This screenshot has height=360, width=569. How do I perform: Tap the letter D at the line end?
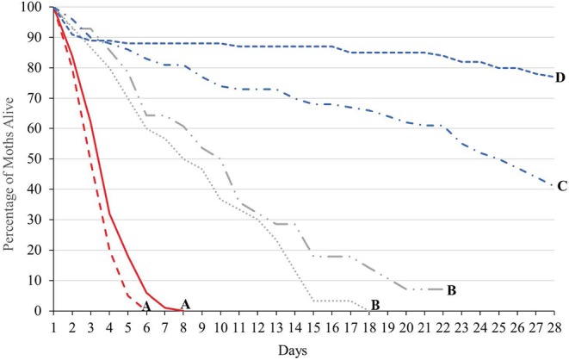click(x=560, y=78)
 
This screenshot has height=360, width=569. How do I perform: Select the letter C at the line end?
click(x=560, y=185)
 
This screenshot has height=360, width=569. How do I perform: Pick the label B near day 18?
click(x=375, y=303)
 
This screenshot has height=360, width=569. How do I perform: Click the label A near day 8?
click(x=185, y=303)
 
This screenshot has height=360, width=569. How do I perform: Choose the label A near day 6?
click(x=147, y=305)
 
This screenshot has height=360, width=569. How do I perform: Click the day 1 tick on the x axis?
click(x=53, y=325)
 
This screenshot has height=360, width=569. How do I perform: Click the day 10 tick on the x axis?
click(x=220, y=325)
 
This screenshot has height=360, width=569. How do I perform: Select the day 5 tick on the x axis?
click(x=127, y=325)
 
